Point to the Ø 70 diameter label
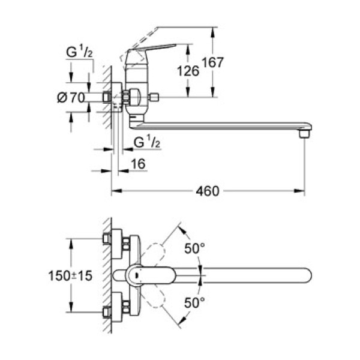[x=71, y=98]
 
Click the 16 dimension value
[x=137, y=163]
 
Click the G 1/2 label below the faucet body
[x=146, y=142]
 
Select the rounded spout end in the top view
[x=306, y=276]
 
